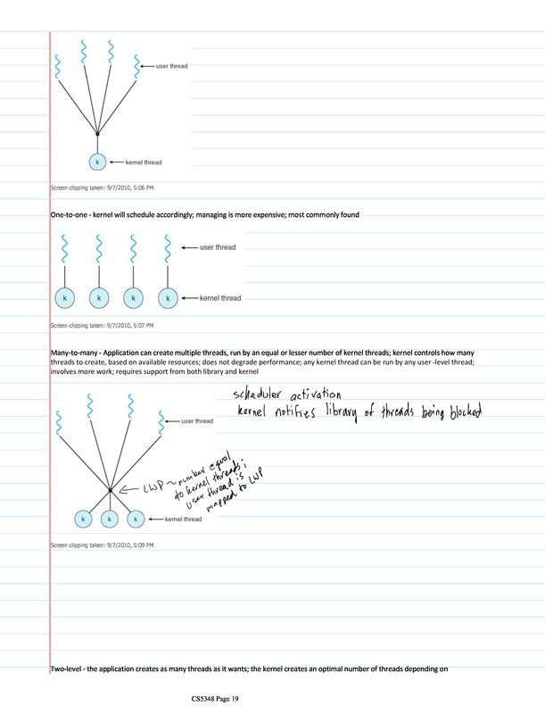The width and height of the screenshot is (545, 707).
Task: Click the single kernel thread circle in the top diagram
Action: click(x=97, y=162)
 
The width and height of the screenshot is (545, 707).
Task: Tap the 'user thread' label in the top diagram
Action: click(x=171, y=65)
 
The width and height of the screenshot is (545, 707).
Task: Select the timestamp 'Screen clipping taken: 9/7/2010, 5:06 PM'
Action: click(x=102, y=188)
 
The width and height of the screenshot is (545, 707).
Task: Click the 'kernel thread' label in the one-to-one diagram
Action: click(x=219, y=298)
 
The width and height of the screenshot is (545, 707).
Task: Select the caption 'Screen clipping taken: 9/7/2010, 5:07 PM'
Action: click(x=102, y=326)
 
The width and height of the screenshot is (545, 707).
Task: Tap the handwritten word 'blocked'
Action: click(x=455, y=412)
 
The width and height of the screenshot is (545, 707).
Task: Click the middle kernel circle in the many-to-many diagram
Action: click(x=109, y=518)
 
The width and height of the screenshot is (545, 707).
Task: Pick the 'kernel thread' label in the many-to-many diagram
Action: click(x=185, y=519)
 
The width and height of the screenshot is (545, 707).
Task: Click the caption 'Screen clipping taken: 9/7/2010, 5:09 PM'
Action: click(x=102, y=545)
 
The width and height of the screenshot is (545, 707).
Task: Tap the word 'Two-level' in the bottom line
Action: click(x=70, y=669)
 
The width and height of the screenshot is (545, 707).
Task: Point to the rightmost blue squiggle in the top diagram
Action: click(x=136, y=65)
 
